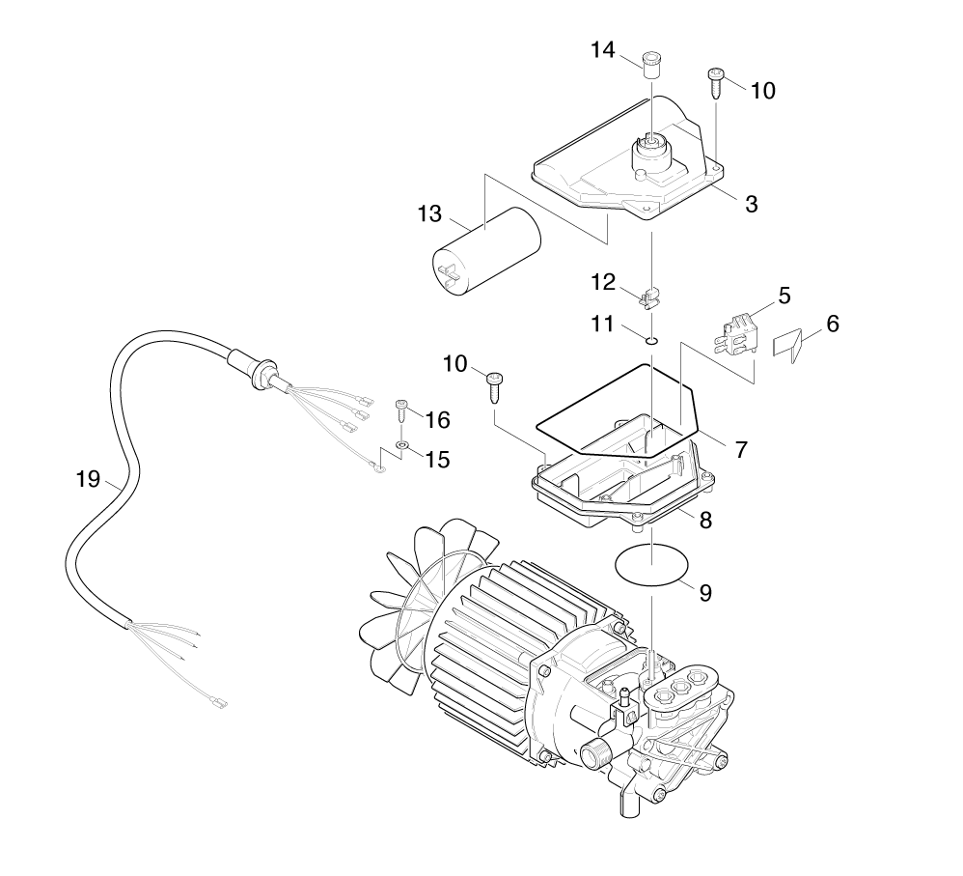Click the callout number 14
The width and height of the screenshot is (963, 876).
603,51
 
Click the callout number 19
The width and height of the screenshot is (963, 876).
88,478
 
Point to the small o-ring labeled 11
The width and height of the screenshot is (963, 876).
652,339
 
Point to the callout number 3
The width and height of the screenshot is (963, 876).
751,204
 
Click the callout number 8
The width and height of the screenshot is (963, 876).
705,520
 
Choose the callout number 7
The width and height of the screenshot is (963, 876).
741,449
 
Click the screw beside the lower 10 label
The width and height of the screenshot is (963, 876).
494,386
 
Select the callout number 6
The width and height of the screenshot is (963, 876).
832,324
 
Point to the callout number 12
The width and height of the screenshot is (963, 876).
603,282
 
